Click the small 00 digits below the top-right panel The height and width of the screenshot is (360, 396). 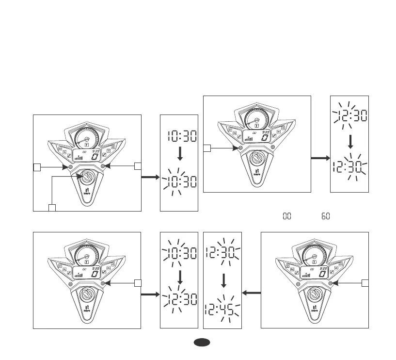[286, 215]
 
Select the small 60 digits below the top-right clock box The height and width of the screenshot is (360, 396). [325, 215]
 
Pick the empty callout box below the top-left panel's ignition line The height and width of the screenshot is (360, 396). [52, 208]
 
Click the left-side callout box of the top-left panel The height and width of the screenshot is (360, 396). [36, 167]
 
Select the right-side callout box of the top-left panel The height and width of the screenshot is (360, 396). [138, 166]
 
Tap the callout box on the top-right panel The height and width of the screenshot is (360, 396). [206, 148]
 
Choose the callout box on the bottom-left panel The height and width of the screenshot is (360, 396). [138, 282]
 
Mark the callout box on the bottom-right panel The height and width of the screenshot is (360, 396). [365, 282]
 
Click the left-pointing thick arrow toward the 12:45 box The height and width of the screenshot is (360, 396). [251, 293]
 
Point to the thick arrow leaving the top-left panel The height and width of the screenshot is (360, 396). [150, 178]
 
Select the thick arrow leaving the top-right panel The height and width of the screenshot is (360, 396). [320, 158]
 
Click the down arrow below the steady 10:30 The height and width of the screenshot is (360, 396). [179, 153]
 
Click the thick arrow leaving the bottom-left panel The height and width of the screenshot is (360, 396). [150, 294]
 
